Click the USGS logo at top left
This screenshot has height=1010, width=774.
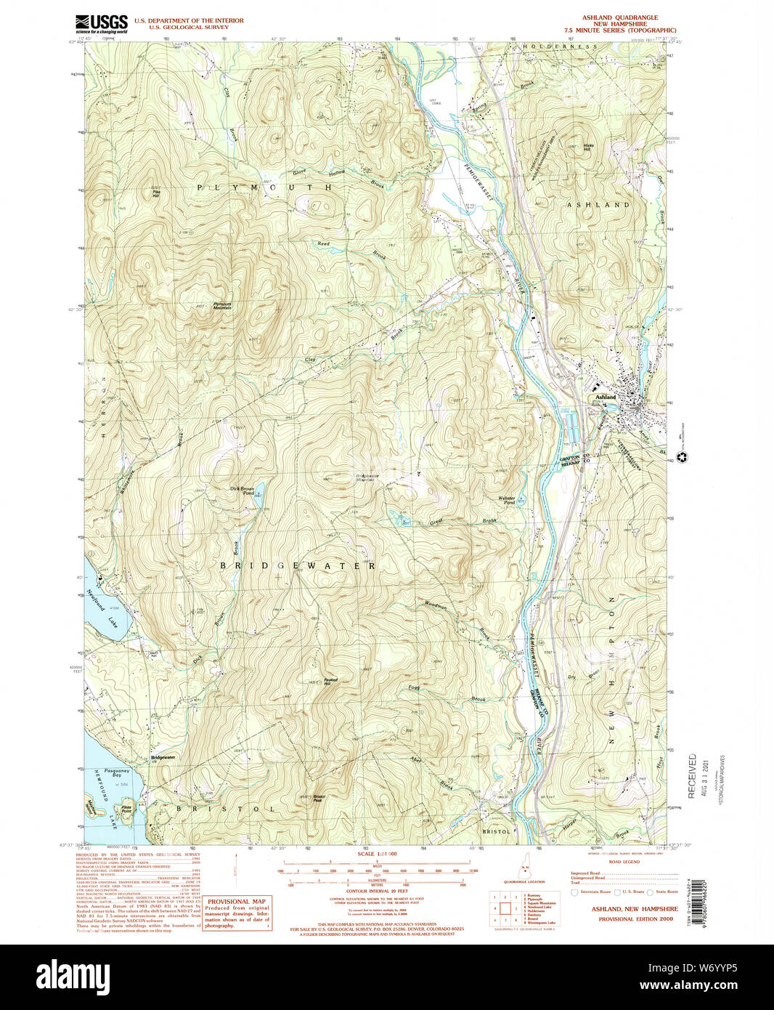pos(102,24)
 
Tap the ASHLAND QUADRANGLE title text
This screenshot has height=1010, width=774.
pos(619,17)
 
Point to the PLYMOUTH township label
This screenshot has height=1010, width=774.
pos(265,187)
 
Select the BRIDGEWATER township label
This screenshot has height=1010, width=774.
pos(298,565)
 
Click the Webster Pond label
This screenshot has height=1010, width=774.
pos(506,500)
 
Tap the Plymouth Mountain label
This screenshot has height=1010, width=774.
pos(222,306)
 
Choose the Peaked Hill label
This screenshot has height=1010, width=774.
pos(330,682)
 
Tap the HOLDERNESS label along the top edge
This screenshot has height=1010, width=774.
pos(560,47)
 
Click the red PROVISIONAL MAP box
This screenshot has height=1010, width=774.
pos(237,913)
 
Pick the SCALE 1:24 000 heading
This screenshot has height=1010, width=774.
pos(377,854)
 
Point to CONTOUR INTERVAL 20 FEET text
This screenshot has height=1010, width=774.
pos(377,891)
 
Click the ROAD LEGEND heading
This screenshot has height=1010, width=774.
pos(624,862)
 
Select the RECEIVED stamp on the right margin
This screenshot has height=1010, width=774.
pos(691,776)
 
